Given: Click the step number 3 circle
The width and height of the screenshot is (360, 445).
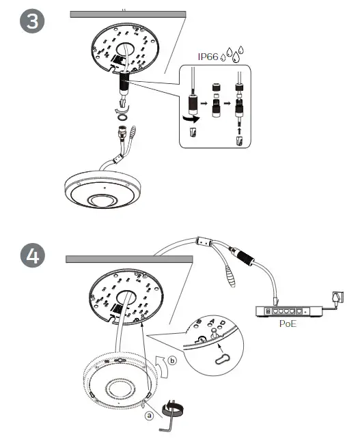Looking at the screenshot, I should click(31, 21).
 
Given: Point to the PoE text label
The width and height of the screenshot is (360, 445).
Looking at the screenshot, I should click(288, 324).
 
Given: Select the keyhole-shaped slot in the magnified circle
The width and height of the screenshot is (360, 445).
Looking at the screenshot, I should click(221, 360).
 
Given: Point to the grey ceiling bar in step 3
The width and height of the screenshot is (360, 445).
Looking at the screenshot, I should click(128, 14).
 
